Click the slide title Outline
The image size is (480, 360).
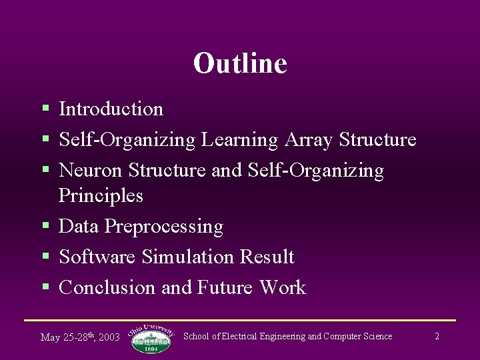click(x=240, y=63)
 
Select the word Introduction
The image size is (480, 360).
click(x=111, y=109)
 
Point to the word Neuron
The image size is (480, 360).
click(x=91, y=171)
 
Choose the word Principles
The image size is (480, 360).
click(x=101, y=196)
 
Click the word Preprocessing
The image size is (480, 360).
click(x=164, y=227)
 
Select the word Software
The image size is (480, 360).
click(x=98, y=257)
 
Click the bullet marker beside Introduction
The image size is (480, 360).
click(x=45, y=108)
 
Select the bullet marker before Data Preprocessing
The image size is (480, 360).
click(x=45, y=226)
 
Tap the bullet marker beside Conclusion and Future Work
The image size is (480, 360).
click(x=45, y=287)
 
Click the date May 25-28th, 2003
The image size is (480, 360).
click(x=80, y=337)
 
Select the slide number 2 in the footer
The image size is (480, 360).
click(x=437, y=337)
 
